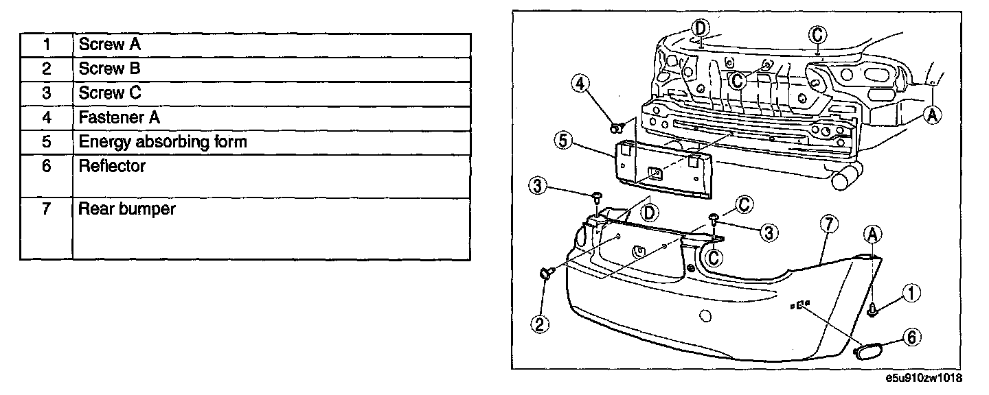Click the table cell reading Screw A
pos(111,45)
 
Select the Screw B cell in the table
pos(110,69)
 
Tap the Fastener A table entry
pos(120,117)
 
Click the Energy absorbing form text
pos(163,142)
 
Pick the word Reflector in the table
pos(112,166)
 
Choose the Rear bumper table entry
pos(127,209)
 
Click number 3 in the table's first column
pos(47,93)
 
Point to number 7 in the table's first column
pos(47,209)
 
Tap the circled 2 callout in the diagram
pos(541,324)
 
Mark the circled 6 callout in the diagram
pos(911,337)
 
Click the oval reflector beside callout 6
pos(868,350)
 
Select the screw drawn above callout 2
pos(547,275)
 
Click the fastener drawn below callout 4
pos(617,127)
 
